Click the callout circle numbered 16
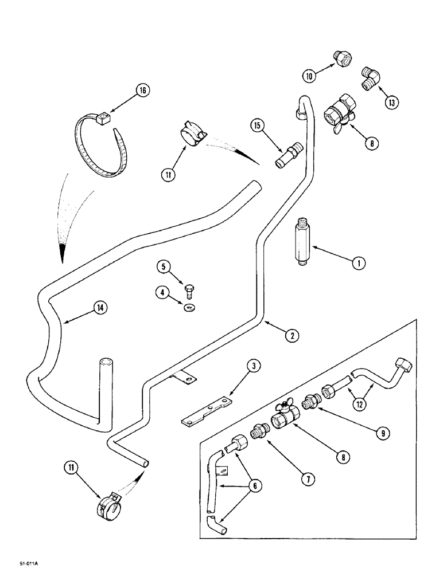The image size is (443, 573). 142,89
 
